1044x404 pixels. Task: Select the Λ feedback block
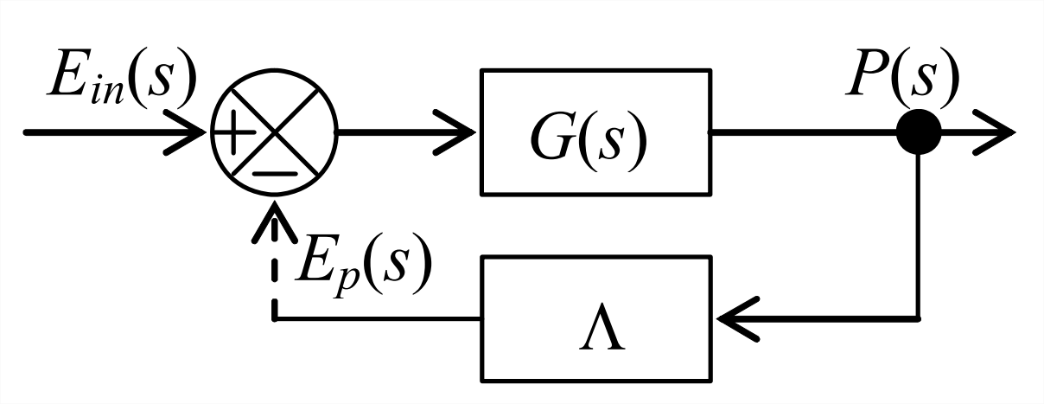598,318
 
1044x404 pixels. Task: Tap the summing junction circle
275,133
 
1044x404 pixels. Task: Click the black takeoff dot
918,133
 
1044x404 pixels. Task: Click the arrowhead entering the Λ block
735,318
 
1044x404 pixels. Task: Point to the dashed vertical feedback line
275,277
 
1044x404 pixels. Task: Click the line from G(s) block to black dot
804,133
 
